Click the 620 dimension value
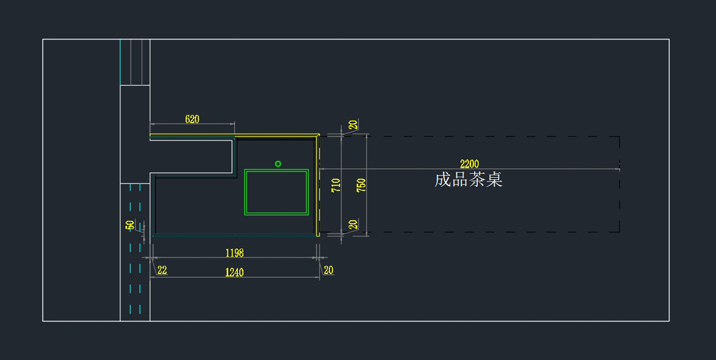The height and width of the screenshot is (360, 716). coord(192,119)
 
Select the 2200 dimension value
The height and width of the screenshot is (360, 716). coord(469,164)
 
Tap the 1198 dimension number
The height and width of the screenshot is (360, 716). coord(234,253)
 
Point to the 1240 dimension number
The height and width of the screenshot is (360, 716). coord(234,272)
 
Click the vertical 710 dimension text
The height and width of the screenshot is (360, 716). coord(335,185)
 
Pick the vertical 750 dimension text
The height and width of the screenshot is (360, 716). coord(361,185)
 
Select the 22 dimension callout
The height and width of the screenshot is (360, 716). coord(162,270)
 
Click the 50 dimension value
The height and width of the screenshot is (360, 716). coord(130,225)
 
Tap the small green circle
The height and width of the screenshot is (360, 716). coord(278,164)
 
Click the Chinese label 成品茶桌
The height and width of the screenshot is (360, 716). coord(468,180)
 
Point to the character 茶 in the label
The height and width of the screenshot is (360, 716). coord(477,180)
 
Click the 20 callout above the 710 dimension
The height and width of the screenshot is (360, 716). coord(353,125)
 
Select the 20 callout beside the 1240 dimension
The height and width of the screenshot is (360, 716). coord(329,270)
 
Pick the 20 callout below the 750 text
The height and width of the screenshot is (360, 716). coord(353,224)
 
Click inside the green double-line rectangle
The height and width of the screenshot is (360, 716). coord(276,192)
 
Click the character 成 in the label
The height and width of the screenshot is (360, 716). coord(443,180)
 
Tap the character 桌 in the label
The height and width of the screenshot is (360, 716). coord(494,180)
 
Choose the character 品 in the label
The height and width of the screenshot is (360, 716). coord(460,180)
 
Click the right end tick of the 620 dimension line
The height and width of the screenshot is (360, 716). coord(234,124)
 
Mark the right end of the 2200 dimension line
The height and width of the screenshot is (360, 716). coord(619,169)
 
